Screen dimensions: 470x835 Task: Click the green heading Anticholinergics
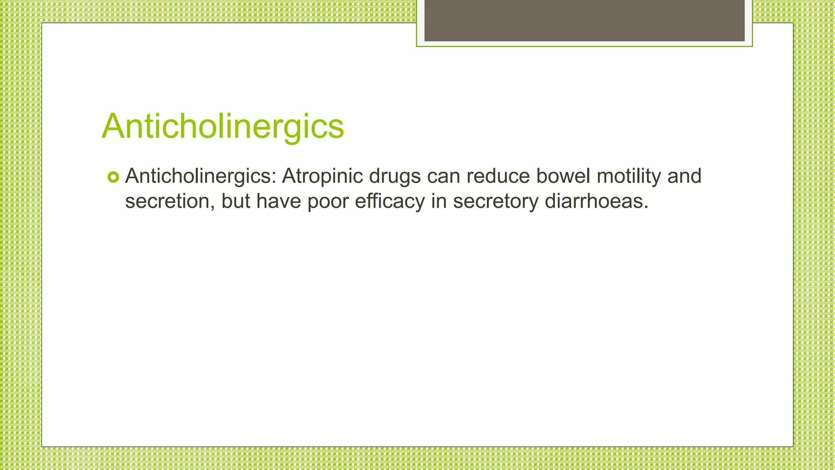pos(223,126)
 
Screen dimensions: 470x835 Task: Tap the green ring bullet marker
pos(113,177)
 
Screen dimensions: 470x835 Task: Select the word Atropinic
pos(322,177)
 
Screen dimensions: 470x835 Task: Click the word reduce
pos(498,177)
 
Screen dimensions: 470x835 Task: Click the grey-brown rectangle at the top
pos(584,20)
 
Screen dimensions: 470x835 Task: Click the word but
pos(236,202)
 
